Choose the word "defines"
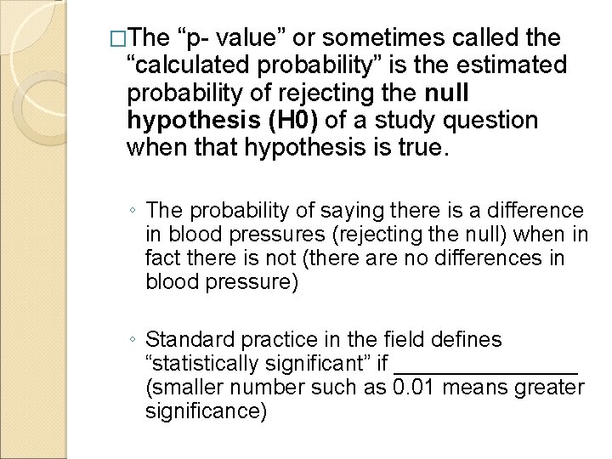[x=467, y=341]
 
